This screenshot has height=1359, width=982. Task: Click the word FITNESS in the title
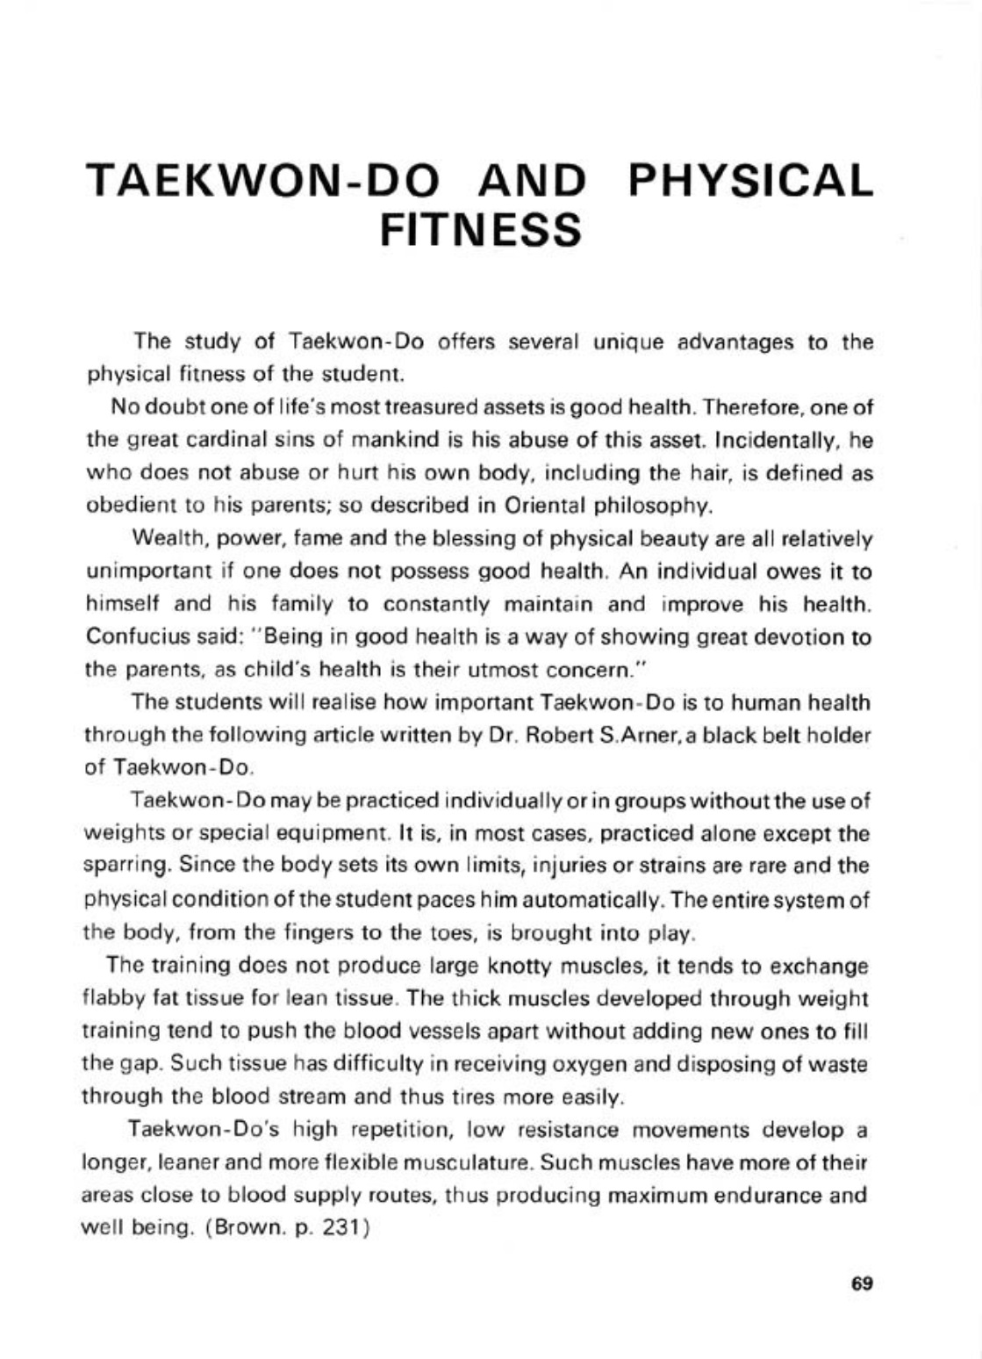[482, 228]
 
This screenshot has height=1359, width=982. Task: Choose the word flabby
[106, 999]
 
